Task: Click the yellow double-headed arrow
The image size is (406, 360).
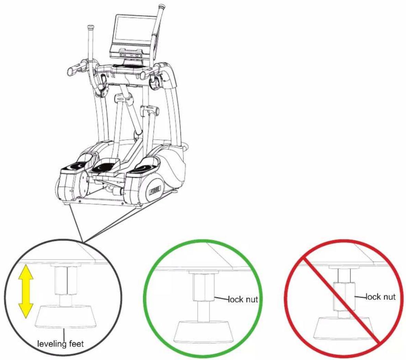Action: coord(26,291)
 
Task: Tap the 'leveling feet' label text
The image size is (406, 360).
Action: coord(61,344)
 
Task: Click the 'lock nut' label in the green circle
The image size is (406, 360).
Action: coord(243,299)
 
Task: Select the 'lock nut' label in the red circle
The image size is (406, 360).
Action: coord(380,297)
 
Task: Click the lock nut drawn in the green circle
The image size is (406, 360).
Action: coord(204,287)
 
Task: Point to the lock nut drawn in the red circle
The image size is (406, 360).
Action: coord(344,297)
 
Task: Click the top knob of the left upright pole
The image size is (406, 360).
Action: coord(91,27)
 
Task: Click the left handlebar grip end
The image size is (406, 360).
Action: coord(70,72)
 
